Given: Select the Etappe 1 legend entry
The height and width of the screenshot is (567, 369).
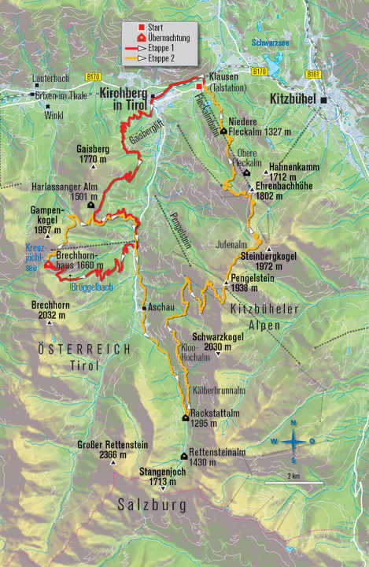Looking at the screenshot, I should click(x=162, y=49).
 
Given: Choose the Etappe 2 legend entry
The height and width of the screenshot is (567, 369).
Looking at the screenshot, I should click(x=162, y=57).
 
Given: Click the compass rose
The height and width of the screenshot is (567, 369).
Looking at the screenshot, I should click(x=293, y=441).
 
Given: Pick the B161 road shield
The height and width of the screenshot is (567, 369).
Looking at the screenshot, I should click(x=314, y=74).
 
